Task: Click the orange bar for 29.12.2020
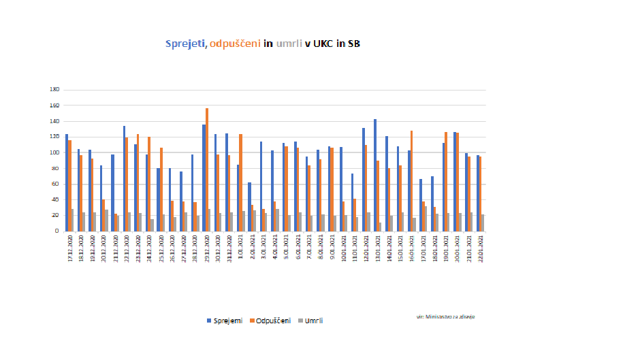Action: click(x=207, y=169)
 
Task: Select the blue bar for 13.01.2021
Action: click(x=374, y=175)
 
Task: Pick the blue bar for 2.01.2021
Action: click(x=249, y=206)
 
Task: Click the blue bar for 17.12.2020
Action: click(x=67, y=182)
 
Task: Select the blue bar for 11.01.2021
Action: click(x=352, y=202)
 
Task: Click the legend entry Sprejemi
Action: click(x=224, y=321)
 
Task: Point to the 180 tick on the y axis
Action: click(x=55, y=89)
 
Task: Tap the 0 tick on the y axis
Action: click(x=58, y=231)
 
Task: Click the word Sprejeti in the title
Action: click(x=187, y=44)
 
